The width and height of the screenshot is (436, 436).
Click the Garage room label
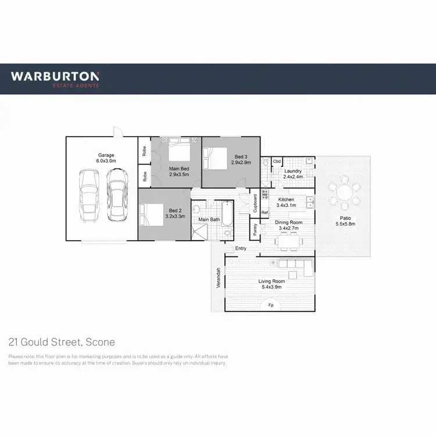click(106, 156)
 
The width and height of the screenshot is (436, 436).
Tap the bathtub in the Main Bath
click(226, 219)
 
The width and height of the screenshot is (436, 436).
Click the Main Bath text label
click(209, 220)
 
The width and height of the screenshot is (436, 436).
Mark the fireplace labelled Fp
click(270, 305)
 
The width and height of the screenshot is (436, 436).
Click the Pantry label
click(255, 230)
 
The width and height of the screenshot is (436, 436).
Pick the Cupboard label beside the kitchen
click(255, 202)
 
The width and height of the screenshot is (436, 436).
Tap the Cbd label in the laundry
click(277, 161)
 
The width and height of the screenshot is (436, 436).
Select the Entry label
click(241, 249)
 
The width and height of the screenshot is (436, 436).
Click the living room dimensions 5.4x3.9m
click(270, 287)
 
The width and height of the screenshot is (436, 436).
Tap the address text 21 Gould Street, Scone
click(62, 342)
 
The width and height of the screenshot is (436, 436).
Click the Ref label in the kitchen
click(265, 213)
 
